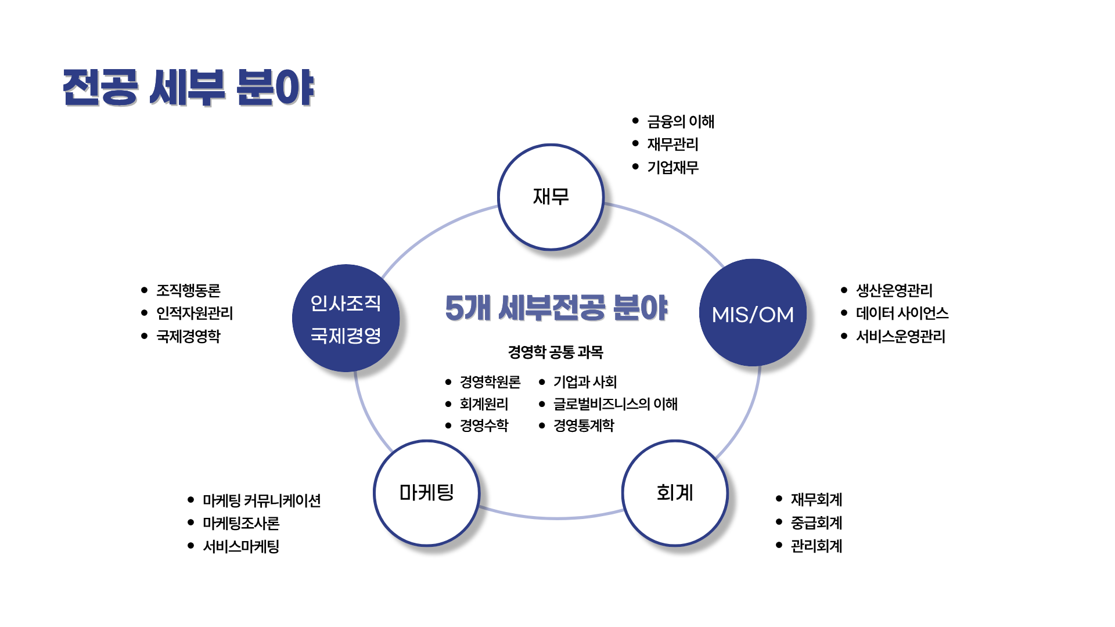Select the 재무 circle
click(551, 197)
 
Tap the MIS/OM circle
click(753, 313)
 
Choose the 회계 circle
click(675, 493)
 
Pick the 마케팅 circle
click(427, 493)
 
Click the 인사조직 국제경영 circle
click(346, 318)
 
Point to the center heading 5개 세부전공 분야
click(556, 308)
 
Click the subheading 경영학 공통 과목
click(555, 352)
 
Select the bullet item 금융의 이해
click(681, 121)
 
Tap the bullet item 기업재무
click(672, 167)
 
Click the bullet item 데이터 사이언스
click(902, 313)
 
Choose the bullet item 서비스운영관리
click(900, 336)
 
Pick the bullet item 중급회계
click(816, 522)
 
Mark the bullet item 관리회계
click(816, 546)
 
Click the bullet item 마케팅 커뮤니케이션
click(261, 500)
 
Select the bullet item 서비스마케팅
click(241, 546)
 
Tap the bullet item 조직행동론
click(188, 290)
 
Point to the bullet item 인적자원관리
click(195, 313)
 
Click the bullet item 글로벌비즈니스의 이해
click(615, 403)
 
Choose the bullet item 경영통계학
click(583, 426)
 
